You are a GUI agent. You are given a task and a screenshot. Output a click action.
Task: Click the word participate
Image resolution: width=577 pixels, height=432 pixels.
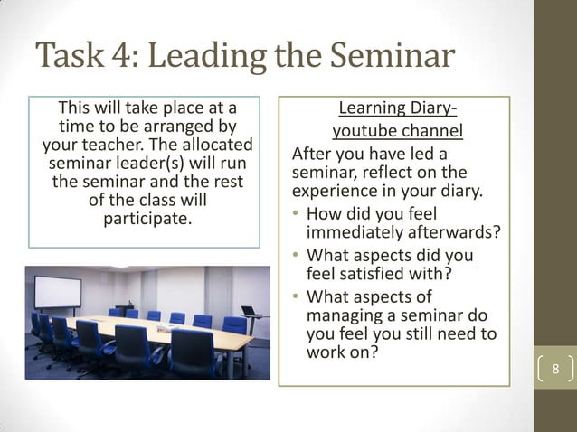tap(147, 219)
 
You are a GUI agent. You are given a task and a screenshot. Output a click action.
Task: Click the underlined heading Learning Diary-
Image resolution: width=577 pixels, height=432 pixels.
tap(397, 111)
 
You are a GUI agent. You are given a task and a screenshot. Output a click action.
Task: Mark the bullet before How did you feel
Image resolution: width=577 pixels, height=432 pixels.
tap(297, 214)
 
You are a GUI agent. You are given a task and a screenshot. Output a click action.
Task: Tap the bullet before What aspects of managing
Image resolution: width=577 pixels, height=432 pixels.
tap(297, 296)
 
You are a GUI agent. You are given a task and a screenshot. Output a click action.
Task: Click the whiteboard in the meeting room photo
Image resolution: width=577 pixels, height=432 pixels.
tap(57, 291)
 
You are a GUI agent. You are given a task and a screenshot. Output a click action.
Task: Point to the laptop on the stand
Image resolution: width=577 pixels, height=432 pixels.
tap(249, 311)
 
